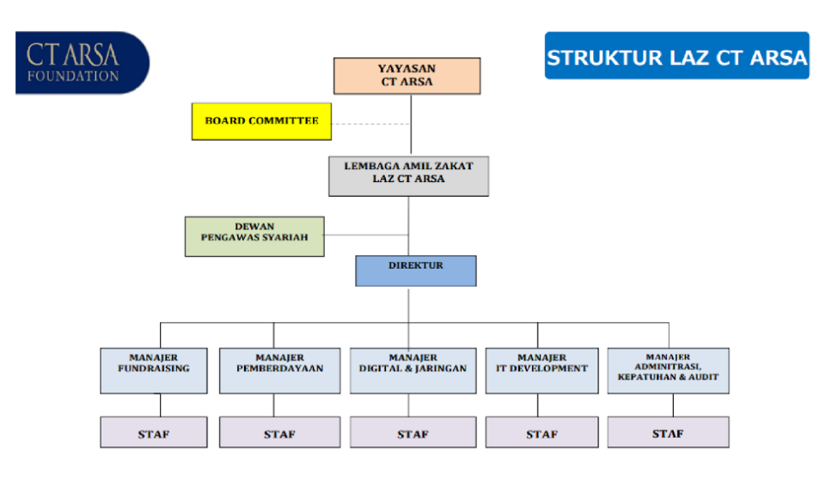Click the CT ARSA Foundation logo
[x=82, y=62]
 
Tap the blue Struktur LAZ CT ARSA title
[x=676, y=57]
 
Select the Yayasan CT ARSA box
[x=407, y=76]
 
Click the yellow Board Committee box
[x=261, y=121]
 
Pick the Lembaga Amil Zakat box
[x=408, y=175]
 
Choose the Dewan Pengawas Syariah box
[x=254, y=236]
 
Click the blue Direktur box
[x=415, y=270]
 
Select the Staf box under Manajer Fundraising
[x=154, y=433]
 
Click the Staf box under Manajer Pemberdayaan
[x=279, y=433]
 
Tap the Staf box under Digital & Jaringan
[x=413, y=433]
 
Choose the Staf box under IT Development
[x=542, y=433]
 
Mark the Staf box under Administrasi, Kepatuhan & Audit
[x=668, y=433]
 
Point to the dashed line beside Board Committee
[x=370, y=124]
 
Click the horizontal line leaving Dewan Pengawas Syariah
[x=365, y=234]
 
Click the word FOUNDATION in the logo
[x=73, y=76]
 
